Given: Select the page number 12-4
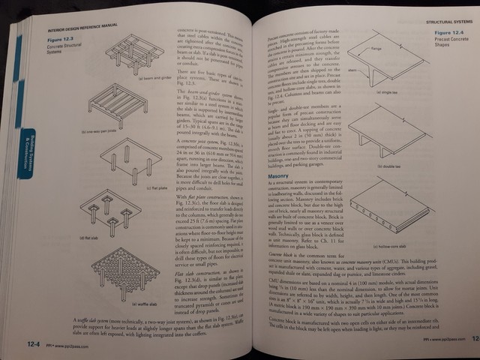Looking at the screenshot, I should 29,343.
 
